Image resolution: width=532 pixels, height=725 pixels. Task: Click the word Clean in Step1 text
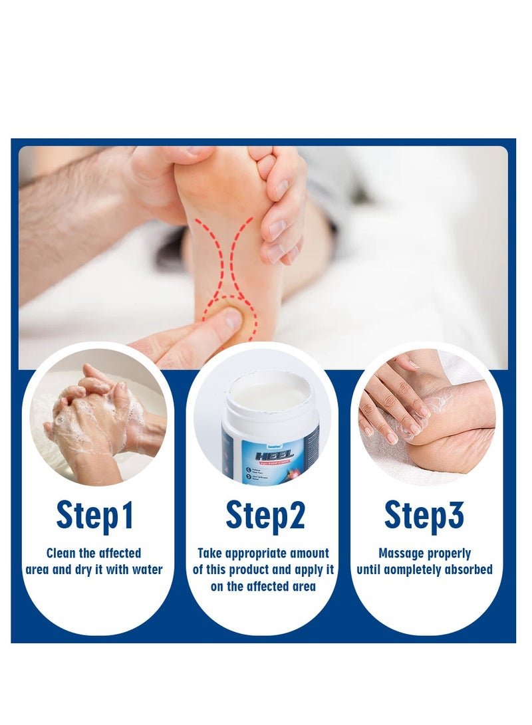[62, 553]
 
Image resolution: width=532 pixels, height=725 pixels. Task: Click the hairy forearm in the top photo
[73, 213]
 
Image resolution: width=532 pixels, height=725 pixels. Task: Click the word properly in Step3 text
[449, 553]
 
